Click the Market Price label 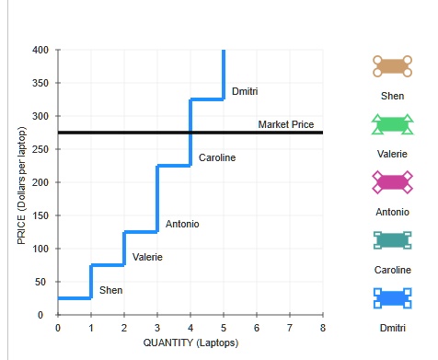pyautogui.click(x=286, y=124)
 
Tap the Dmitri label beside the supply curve pyautogui.click(x=245, y=91)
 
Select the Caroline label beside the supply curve pyautogui.click(x=217, y=157)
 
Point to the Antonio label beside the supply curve pyautogui.click(x=182, y=224)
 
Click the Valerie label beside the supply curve pyautogui.click(x=147, y=257)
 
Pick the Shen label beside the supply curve pyautogui.click(x=110, y=290)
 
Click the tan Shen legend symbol pyautogui.click(x=392, y=66)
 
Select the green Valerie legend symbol pyautogui.click(x=392, y=124)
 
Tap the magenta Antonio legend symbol pyautogui.click(x=392, y=182)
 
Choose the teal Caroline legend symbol pyautogui.click(x=392, y=240)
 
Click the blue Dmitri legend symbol pyautogui.click(x=392, y=298)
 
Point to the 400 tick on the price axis pyautogui.click(x=40, y=50)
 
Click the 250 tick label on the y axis pyautogui.click(x=40, y=149)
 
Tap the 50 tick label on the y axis pyautogui.click(x=40, y=282)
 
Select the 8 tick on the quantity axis pyautogui.click(x=323, y=328)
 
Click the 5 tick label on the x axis pyautogui.click(x=224, y=328)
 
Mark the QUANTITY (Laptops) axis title pyautogui.click(x=190, y=343)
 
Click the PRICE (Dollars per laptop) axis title pyautogui.click(x=21, y=185)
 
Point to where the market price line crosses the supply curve pyautogui.click(x=190, y=133)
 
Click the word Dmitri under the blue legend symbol pyautogui.click(x=393, y=328)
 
